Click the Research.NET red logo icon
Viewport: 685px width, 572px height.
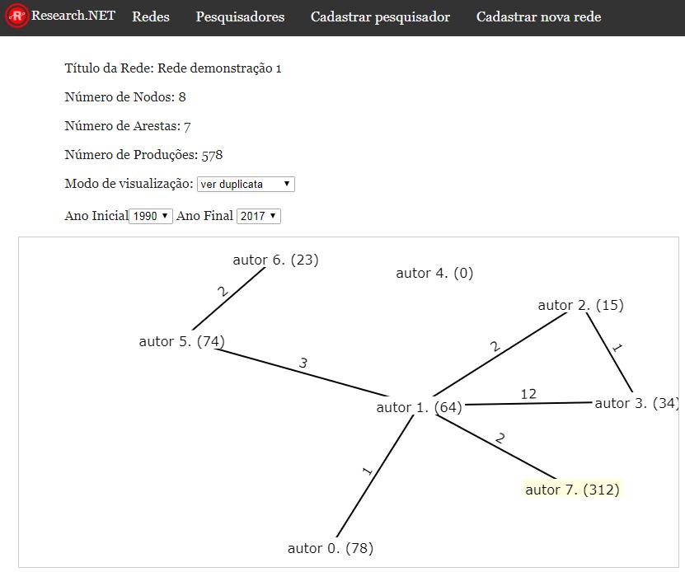(16, 16)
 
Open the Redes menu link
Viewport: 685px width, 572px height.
(151, 16)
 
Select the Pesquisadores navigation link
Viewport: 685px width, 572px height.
(240, 16)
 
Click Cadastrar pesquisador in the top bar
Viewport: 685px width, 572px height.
(380, 16)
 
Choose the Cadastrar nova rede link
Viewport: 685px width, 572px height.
(538, 16)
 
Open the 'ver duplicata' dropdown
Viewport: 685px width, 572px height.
(246, 184)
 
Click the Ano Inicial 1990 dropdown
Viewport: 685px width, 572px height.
(151, 216)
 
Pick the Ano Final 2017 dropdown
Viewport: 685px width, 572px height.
(259, 216)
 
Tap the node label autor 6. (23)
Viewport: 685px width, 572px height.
(275, 260)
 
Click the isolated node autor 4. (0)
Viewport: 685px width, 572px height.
(434, 273)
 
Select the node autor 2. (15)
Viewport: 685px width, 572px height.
(580, 305)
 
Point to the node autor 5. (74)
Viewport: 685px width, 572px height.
(181, 341)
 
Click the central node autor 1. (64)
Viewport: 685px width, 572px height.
(420, 407)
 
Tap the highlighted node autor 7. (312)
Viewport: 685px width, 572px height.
(572, 490)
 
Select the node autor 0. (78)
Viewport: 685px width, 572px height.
(331, 548)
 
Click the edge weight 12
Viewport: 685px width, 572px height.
(528, 394)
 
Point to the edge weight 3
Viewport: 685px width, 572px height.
(303, 363)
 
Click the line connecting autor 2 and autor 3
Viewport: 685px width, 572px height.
(609, 352)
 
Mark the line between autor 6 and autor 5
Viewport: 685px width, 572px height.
(228, 298)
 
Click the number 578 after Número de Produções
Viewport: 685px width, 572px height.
(213, 155)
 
